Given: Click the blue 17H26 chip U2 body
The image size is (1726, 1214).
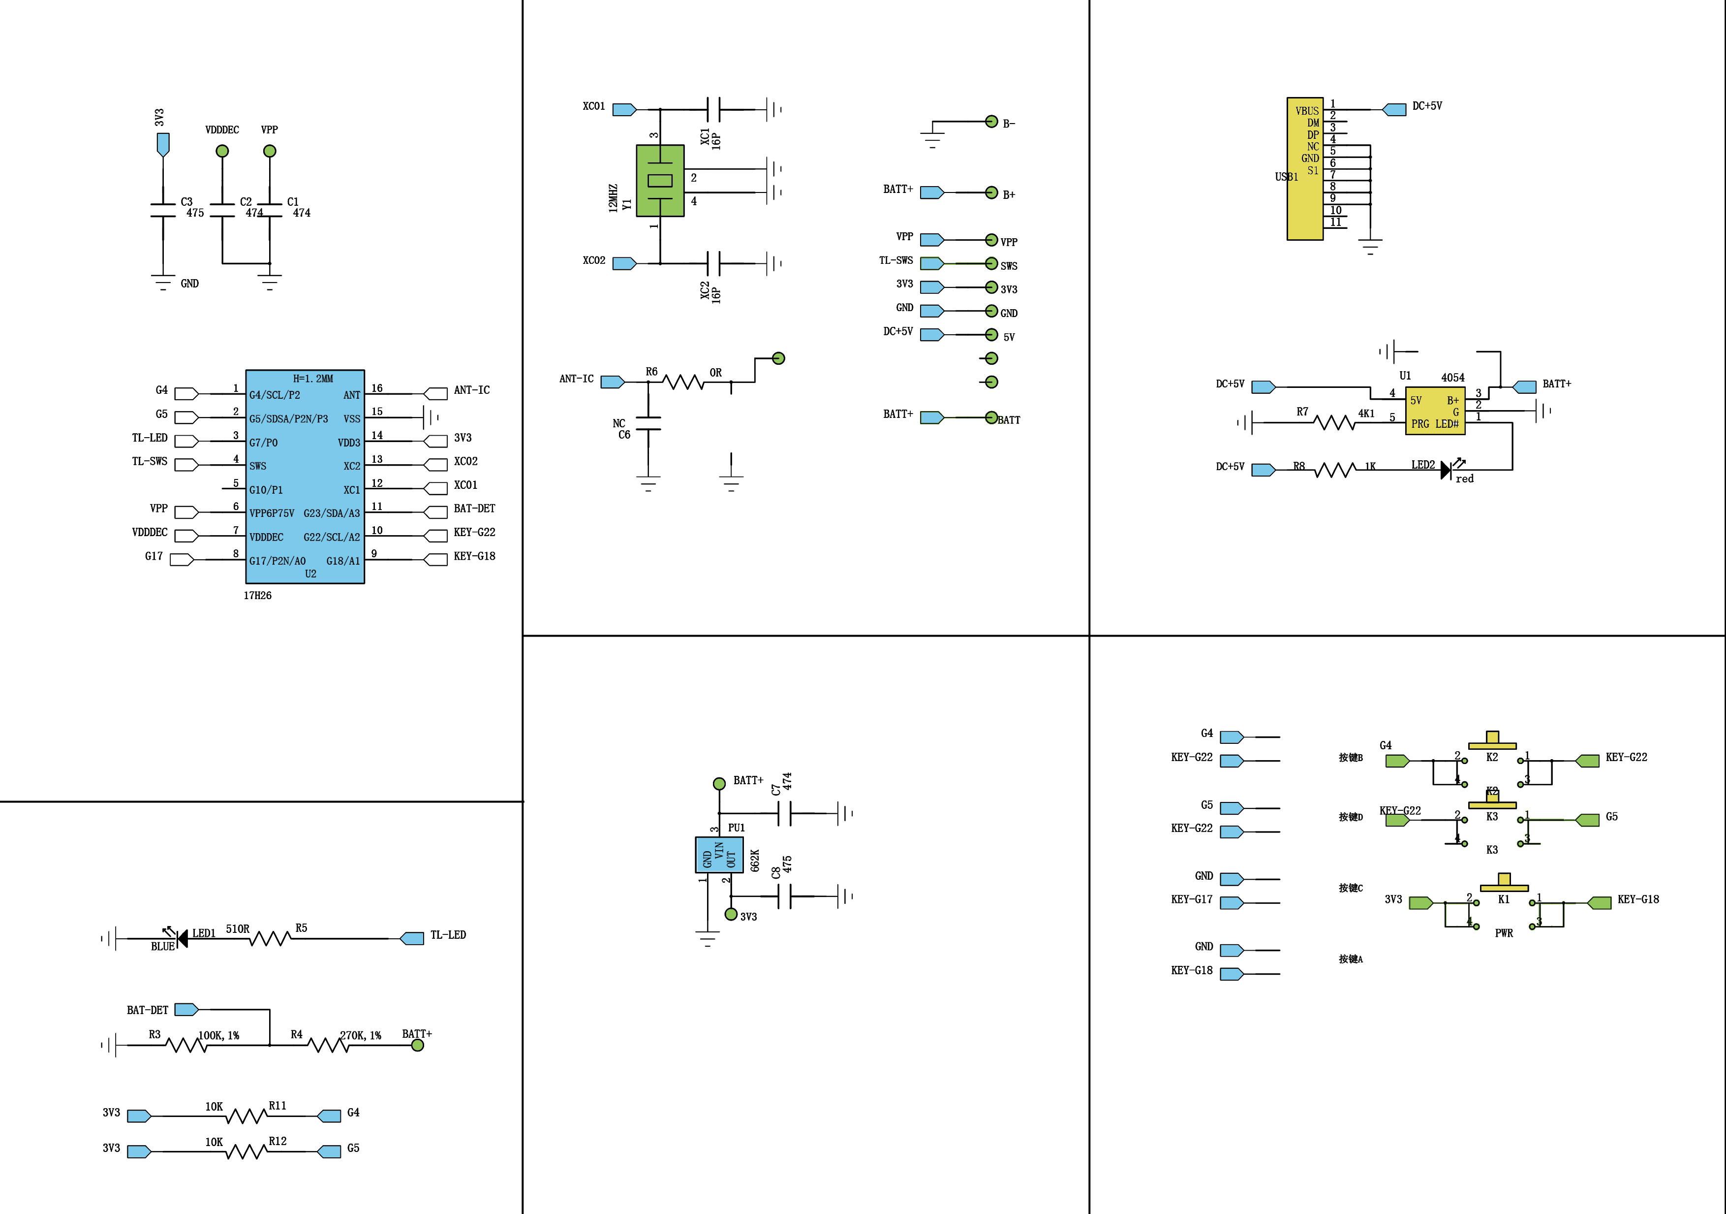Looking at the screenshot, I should click(305, 476).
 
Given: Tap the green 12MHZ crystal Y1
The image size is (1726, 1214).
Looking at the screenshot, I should click(660, 181).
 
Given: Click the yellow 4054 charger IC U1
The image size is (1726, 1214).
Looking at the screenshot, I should click(1434, 411).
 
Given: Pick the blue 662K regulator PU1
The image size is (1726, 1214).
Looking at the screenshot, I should click(719, 855).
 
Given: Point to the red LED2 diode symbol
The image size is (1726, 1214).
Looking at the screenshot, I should click(1446, 470).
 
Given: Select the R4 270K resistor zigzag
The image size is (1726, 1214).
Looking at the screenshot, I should click(329, 1045).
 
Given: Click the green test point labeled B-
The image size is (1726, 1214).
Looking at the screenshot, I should click(991, 122).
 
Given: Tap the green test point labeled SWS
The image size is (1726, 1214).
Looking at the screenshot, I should click(991, 263).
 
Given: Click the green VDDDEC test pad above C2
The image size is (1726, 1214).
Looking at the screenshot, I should click(222, 151).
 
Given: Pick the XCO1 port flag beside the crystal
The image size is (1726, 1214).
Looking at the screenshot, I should click(624, 110).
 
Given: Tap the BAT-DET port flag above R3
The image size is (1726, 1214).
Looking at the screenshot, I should click(185, 1009).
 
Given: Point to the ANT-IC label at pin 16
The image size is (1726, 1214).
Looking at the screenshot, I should click(471, 389).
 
